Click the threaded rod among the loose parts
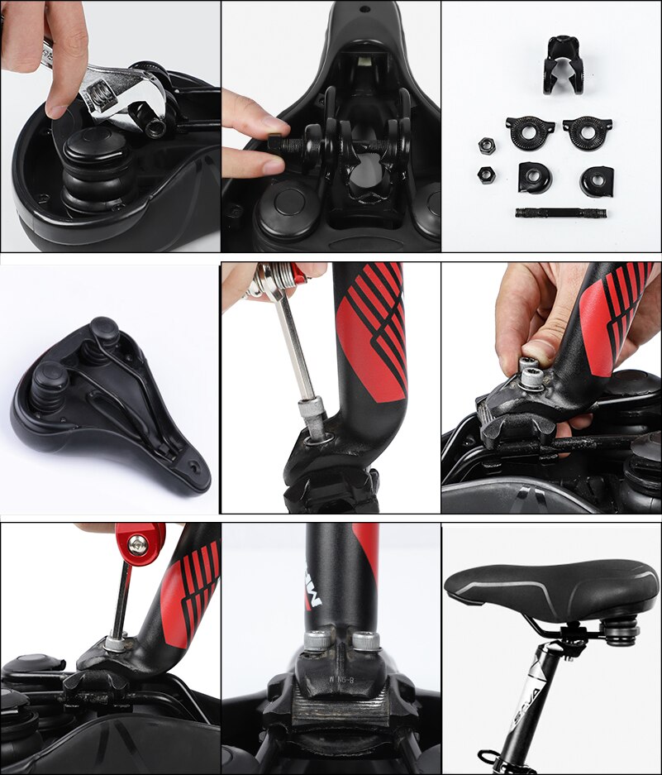coord(562,213)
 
